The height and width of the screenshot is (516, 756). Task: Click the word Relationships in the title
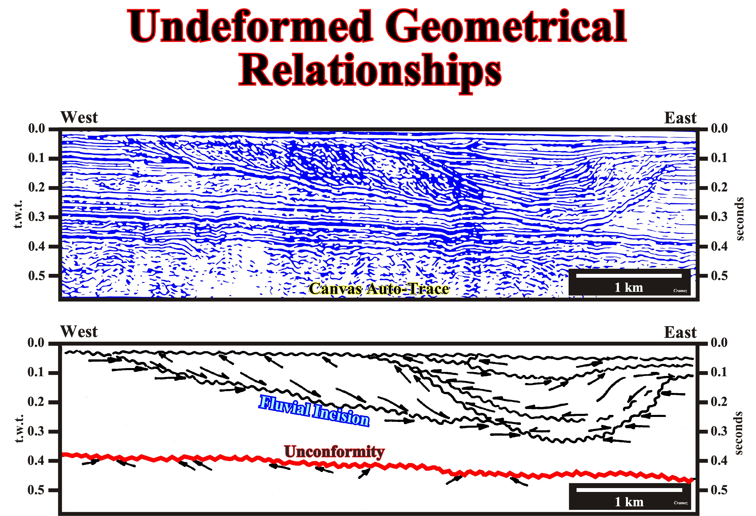(x=370, y=72)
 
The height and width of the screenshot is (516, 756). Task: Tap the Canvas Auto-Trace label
(x=379, y=288)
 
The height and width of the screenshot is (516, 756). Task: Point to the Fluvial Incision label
(x=314, y=411)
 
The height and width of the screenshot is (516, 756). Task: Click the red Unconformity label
(x=334, y=451)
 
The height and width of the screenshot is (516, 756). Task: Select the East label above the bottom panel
(x=680, y=332)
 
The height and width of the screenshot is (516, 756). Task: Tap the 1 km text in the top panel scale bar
(x=629, y=287)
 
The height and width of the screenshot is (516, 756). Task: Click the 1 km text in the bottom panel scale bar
(x=629, y=502)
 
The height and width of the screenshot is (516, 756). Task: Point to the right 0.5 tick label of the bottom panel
(x=719, y=490)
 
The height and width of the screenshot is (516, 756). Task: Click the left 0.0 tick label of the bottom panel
(x=36, y=343)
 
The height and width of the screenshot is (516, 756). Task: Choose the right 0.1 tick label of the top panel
(x=719, y=158)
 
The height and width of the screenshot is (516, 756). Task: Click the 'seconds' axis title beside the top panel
(x=739, y=219)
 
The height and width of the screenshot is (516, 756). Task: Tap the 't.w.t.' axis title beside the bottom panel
(x=19, y=428)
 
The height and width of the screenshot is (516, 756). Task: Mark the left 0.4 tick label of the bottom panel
(x=36, y=460)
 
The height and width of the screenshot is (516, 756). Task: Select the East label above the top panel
(x=680, y=118)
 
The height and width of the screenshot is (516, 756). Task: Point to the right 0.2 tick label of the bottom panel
(x=719, y=402)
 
